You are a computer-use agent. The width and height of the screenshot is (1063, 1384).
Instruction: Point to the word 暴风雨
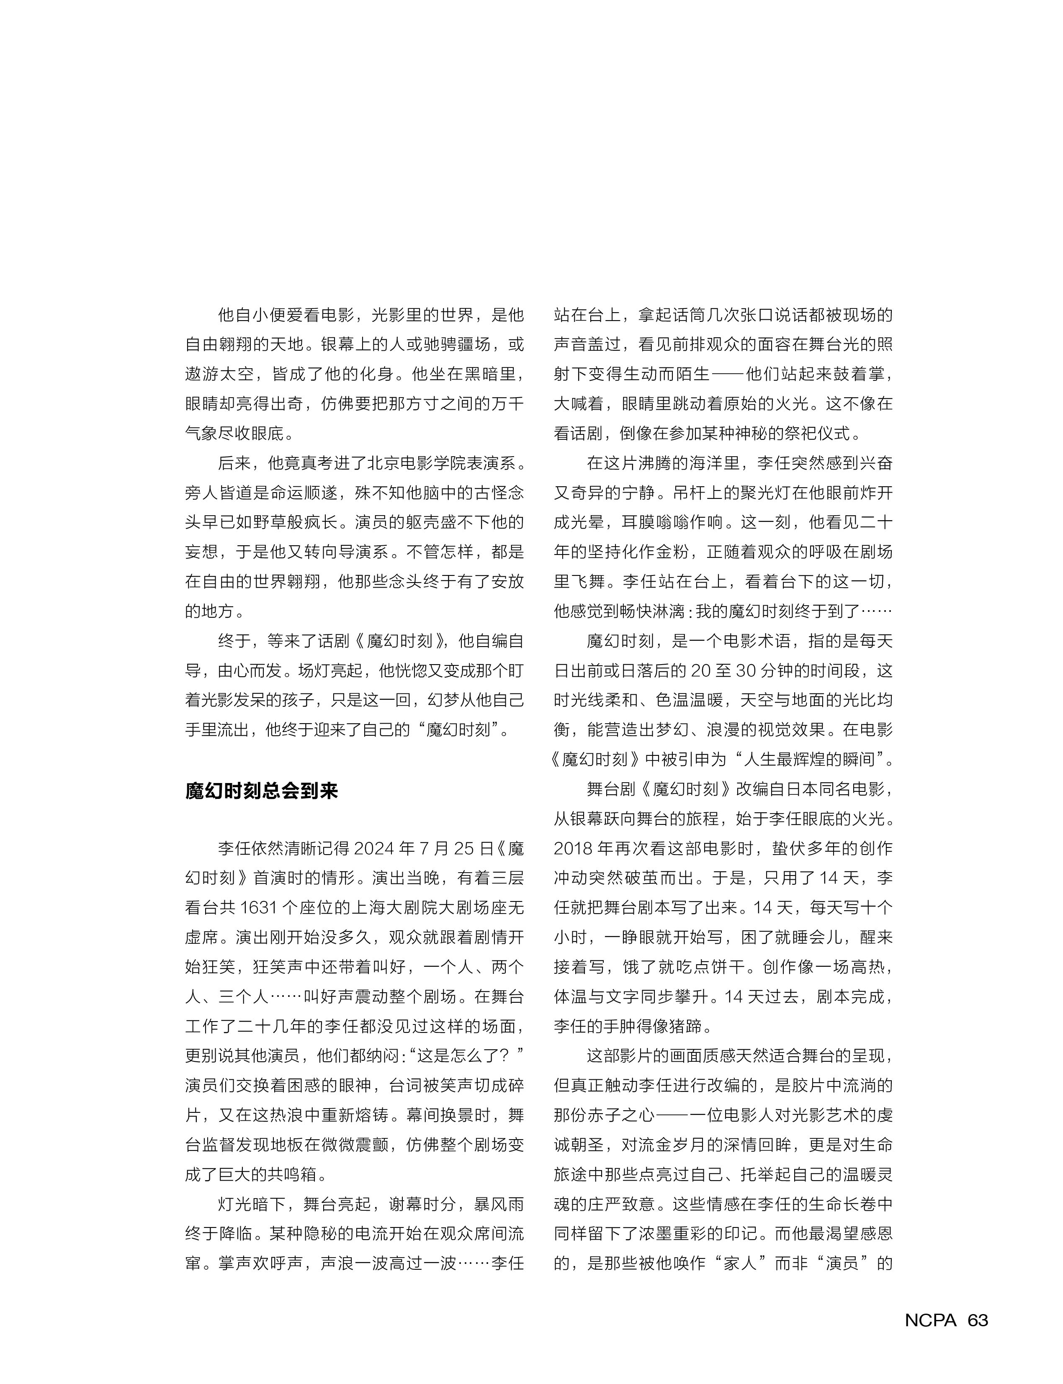click(x=499, y=1204)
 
